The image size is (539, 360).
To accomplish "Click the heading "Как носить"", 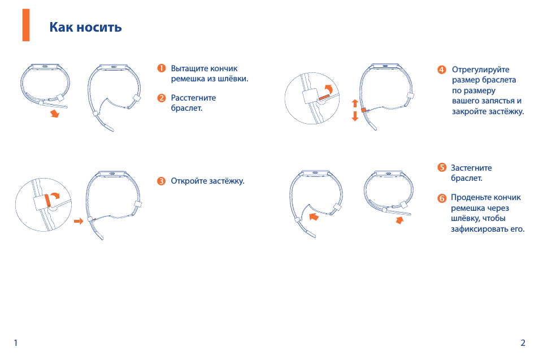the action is coord(85,27).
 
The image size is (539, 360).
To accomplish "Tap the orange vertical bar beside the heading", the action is coord(26,25).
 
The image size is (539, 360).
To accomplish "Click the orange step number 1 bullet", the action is coord(162,68).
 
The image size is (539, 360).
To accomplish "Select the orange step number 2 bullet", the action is coord(162,98).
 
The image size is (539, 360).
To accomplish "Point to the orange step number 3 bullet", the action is coord(161,181).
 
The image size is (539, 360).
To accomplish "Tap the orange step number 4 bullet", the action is coord(442,70).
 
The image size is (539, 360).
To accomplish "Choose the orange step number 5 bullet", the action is coord(442,167).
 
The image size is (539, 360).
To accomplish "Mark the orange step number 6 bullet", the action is coord(442,198).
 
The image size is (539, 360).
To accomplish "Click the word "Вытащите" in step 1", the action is coord(189,68).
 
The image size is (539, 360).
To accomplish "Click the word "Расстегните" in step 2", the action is coord(194,98).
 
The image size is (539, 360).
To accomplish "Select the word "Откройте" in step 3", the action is coord(189,181).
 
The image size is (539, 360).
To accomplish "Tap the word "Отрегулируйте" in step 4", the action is coord(481,70).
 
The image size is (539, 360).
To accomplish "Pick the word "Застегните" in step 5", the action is coord(471,168).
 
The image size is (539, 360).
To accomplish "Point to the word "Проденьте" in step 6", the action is coord(469,197).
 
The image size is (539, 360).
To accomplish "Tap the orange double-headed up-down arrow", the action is coord(355,110).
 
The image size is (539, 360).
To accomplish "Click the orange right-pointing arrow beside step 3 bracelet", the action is coord(79,221).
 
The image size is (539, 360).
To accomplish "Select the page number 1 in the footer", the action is coord(15,343).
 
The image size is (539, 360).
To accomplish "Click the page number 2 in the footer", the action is coord(523,343).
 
